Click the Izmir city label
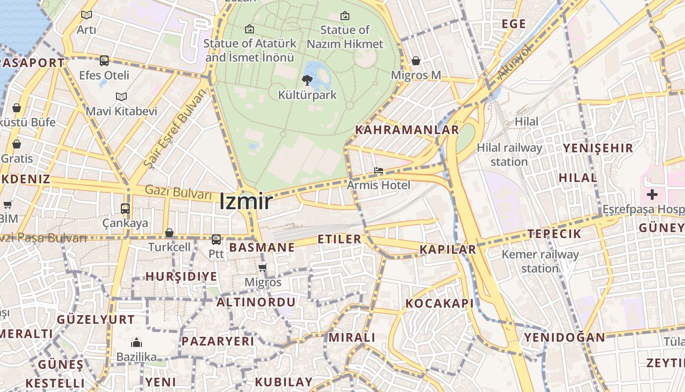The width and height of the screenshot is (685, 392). [x=245, y=201]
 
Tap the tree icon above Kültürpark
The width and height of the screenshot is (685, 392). [x=307, y=80]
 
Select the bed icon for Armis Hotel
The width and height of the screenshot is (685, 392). [x=379, y=171]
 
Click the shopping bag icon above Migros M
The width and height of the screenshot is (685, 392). [x=416, y=61]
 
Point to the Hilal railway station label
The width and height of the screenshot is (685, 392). [x=509, y=154]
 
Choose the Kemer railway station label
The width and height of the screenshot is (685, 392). [x=540, y=261]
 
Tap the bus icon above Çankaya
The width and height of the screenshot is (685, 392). [x=125, y=208]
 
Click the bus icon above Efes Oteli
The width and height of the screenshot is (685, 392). [x=104, y=61]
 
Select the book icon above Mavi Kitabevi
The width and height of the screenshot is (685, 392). [x=121, y=97]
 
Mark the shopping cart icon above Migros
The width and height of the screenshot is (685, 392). [x=263, y=268]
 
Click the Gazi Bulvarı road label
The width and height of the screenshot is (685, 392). [x=178, y=192]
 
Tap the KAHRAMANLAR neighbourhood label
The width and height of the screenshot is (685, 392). [x=407, y=130]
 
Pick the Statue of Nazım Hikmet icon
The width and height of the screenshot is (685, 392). [x=345, y=16]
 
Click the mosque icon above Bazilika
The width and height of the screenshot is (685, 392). [x=137, y=343]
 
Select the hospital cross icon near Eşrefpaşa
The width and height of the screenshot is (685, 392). [x=652, y=195]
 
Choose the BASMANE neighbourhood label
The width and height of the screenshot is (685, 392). [x=262, y=247]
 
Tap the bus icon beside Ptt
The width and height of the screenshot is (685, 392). [x=216, y=240]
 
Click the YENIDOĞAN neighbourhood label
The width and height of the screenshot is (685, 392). [x=565, y=337]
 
